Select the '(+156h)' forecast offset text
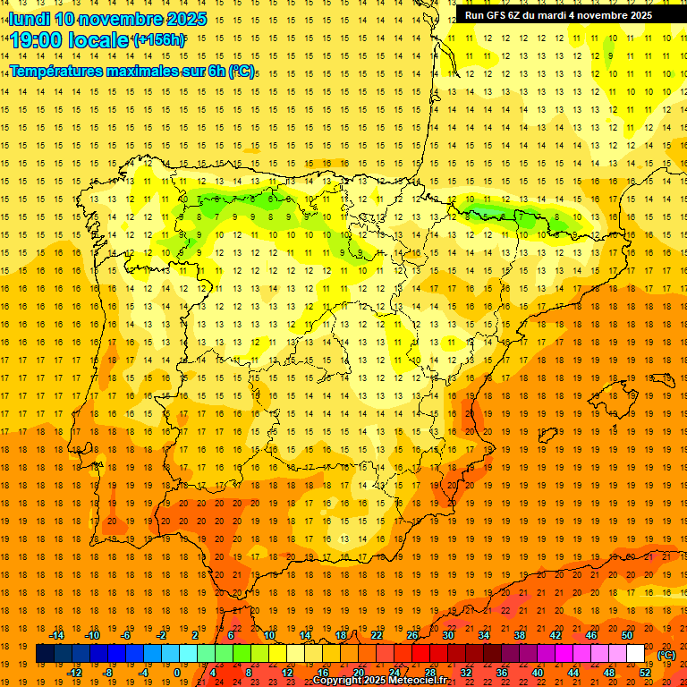[x=158, y=40]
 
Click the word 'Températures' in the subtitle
[x=63, y=71]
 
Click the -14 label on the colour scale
[x=56, y=635]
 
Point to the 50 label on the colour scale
[x=627, y=635]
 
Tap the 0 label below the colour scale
[x=177, y=673]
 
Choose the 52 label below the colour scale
[x=645, y=673]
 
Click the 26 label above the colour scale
[x=412, y=635]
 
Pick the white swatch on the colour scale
[x=635, y=654]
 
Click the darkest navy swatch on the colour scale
[x=45, y=654]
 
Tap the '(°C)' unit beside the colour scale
[x=666, y=655]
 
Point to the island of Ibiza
[x=547, y=436]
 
